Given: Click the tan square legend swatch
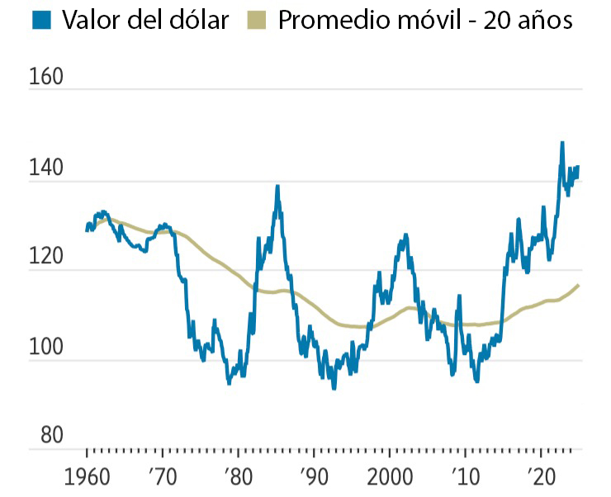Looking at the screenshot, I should [255, 20].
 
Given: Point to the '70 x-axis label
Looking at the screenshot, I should [162, 478].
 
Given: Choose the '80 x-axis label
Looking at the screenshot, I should [238, 478].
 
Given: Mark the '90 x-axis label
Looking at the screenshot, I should [314, 478].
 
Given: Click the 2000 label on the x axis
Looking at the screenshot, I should [391, 478].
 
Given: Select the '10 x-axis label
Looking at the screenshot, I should [465, 478].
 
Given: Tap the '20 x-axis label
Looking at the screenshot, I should [541, 478].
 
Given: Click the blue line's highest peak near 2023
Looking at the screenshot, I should [562, 143].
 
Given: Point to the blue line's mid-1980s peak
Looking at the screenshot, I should [277, 187].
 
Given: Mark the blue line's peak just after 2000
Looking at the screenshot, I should [405, 235].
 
